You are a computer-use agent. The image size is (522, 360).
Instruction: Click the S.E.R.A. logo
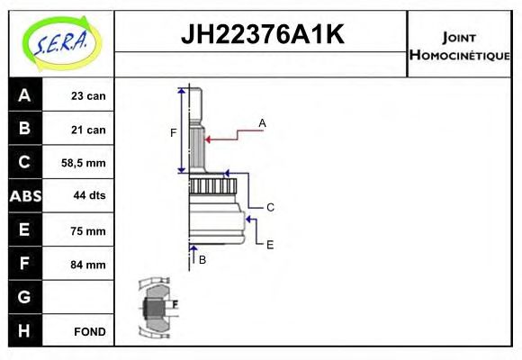(x=61, y=43)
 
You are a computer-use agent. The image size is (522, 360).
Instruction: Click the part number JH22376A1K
(x=262, y=34)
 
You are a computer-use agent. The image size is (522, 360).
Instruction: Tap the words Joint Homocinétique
(x=459, y=46)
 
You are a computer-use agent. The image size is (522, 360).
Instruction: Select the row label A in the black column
(x=24, y=95)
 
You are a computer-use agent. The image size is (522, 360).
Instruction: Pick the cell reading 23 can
(x=88, y=96)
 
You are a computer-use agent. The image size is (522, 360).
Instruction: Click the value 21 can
(x=88, y=130)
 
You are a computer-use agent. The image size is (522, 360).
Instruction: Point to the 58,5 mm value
(x=83, y=163)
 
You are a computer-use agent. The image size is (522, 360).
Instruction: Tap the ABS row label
(x=25, y=196)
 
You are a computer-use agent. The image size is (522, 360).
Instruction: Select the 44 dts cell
(x=89, y=195)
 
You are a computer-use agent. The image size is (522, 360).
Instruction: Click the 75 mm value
(x=88, y=230)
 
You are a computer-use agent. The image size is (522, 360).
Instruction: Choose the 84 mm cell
(x=88, y=265)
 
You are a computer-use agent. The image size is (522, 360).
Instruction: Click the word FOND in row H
(x=90, y=332)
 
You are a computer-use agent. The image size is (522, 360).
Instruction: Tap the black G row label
(x=24, y=297)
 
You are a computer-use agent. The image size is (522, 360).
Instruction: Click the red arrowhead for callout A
(x=207, y=139)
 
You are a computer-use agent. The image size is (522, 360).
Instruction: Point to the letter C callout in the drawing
(x=270, y=208)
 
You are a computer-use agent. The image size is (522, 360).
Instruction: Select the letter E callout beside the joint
(x=270, y=245)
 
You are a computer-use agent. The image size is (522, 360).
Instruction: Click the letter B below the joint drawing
(x=202, y=260)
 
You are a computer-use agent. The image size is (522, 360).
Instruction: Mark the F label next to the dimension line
(x=173, y=133)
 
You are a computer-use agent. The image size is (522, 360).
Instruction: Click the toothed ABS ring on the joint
(x=213, y=186)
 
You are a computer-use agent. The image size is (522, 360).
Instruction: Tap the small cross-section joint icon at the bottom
(x=157, y=308)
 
